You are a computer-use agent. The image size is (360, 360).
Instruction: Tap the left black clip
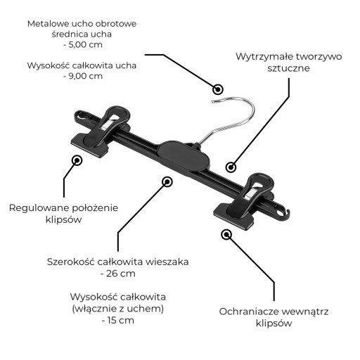(x=101, y=131)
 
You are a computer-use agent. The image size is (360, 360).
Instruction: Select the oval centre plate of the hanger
(x=183, y=155)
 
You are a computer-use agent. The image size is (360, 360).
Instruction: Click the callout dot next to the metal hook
(x=218, y=89)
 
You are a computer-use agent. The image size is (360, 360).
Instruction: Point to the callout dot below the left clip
(x=77, y=161)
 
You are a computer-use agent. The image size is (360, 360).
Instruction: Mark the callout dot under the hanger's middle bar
(x=167, y=181)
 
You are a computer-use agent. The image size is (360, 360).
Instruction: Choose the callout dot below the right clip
(x=226, y=235)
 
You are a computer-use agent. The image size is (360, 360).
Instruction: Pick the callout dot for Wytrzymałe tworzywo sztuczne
(x=231, y=167)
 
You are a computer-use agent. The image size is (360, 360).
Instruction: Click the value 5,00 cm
(x=85, y=44)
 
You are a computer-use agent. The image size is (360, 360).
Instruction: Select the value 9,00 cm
(x=85, y=76)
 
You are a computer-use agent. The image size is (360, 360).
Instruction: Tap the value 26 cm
(x=121, y=274)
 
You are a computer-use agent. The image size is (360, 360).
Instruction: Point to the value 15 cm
(x=121, y=320)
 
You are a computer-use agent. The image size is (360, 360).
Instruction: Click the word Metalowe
(x=48, y=24)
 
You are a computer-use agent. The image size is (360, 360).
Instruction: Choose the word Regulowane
(x=38, y=208)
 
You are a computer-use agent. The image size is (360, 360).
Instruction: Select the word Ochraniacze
(x=248, y=311)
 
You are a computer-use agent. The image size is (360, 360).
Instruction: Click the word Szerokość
(x=70, y=262)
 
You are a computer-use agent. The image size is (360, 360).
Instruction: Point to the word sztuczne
(x=288, y=68)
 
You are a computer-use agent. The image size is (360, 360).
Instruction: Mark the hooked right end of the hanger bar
(x=283, y=213)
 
